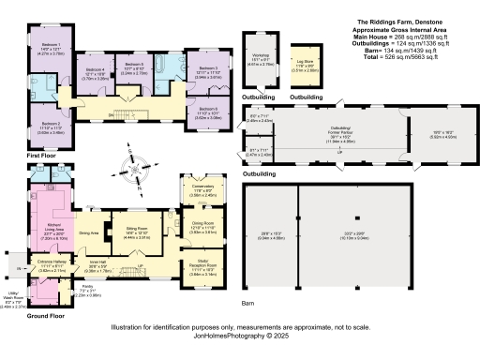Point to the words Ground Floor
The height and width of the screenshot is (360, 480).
[25, 316]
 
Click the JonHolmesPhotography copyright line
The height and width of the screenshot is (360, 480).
[239, 334]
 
